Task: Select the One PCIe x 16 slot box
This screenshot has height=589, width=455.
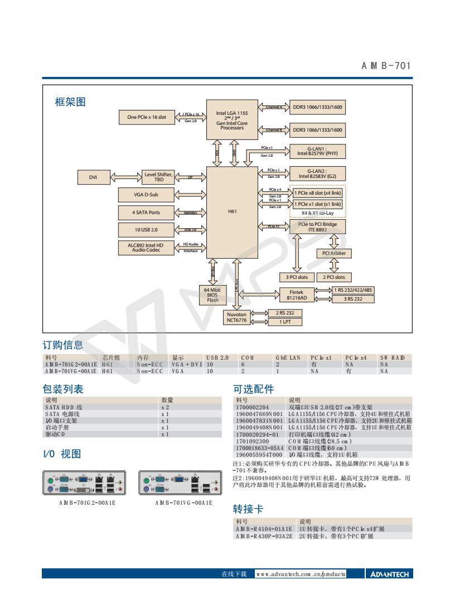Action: (143, 117)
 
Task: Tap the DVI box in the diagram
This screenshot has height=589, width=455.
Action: (93, 177)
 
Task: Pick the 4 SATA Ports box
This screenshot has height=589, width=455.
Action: (143, 212)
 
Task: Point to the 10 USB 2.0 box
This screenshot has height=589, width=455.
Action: (143, 229)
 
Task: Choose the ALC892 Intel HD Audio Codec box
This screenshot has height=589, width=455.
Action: (143, 248)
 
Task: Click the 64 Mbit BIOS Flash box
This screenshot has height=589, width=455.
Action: (213, 294)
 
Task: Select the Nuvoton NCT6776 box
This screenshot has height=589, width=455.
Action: (241, 317)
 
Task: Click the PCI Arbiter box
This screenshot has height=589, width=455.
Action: (334, 254)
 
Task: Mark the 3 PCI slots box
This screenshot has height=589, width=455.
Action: (296, 277)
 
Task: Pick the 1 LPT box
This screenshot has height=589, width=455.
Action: (285, 322)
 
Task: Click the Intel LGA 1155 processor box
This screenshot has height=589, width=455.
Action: (232, 119)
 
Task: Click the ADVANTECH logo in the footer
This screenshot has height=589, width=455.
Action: (389, 574)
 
